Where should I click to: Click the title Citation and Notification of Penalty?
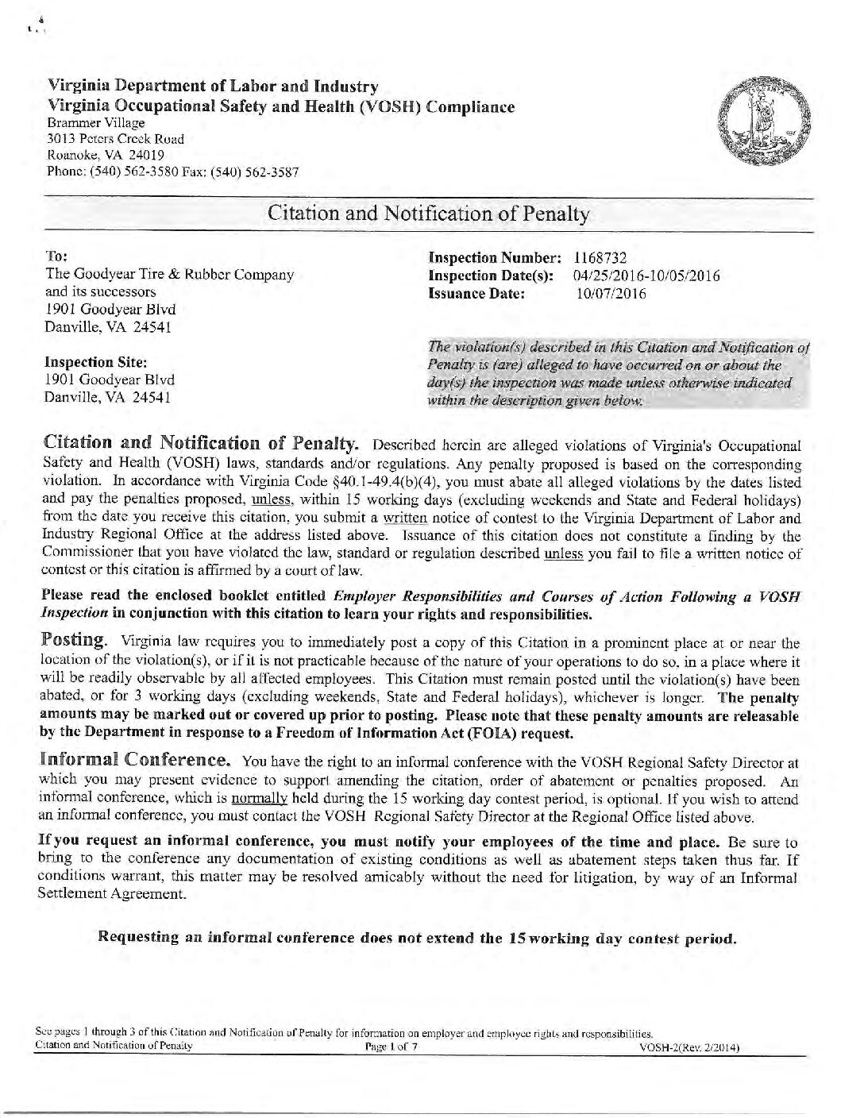(x=429, y=214)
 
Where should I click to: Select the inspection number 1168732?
(x=600, y=258)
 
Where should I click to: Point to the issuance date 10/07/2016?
(x=611, y=294)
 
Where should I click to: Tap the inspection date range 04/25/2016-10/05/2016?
(x=646, y=276)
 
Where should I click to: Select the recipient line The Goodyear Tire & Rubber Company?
(x=170, y=275)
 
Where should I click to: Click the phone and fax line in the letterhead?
(x=173, y=172)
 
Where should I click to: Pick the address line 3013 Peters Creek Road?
(x=115, y=139)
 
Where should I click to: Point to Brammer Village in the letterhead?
(x=96, y=123)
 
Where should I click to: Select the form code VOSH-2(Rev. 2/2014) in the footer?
(x=689, y=1048)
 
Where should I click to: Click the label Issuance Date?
(x=477, y=294)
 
